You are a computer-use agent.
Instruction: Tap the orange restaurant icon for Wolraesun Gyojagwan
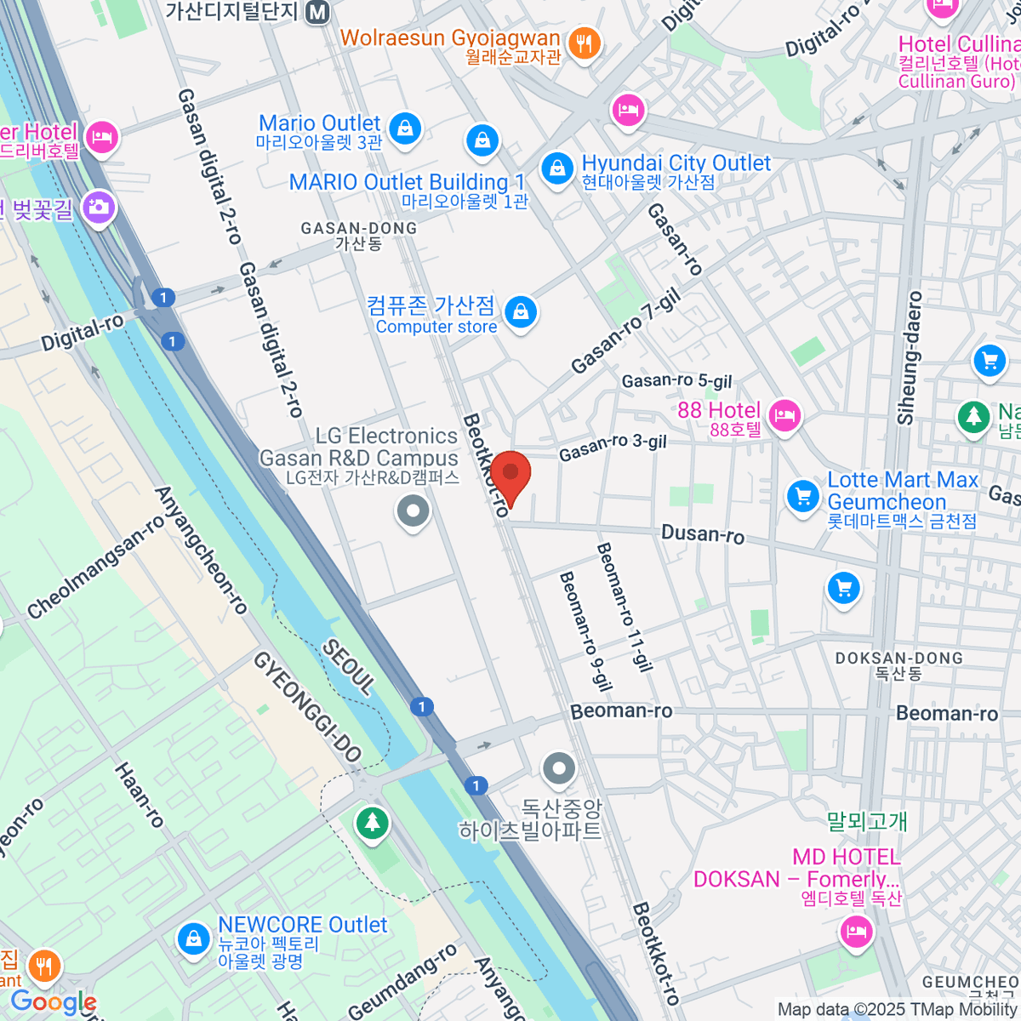[x=584, y=43]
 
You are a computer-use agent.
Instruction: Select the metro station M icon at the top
[x=319, y=12]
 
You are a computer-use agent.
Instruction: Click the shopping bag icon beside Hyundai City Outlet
[x=557, y=167]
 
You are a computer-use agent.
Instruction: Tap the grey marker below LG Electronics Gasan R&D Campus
[x=414, y=512]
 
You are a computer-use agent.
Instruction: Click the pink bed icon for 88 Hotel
[x=784, y=416]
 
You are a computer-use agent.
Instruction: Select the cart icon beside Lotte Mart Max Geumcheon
[x=802, y=496]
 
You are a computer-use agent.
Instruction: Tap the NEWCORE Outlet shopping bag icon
[x=194, y=939]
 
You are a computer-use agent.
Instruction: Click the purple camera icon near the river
[x=100, y=207]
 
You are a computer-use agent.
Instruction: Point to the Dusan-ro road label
[x=703, y=534]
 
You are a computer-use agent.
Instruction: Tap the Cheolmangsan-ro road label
[x=95, y=568]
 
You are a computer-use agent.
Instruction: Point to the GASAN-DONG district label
[x=359, y=236]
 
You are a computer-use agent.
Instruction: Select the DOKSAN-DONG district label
[x=898, y=665]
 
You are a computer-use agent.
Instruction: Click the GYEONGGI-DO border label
[x=308, y=706]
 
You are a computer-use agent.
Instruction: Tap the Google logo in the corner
[x=53, y=1002]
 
